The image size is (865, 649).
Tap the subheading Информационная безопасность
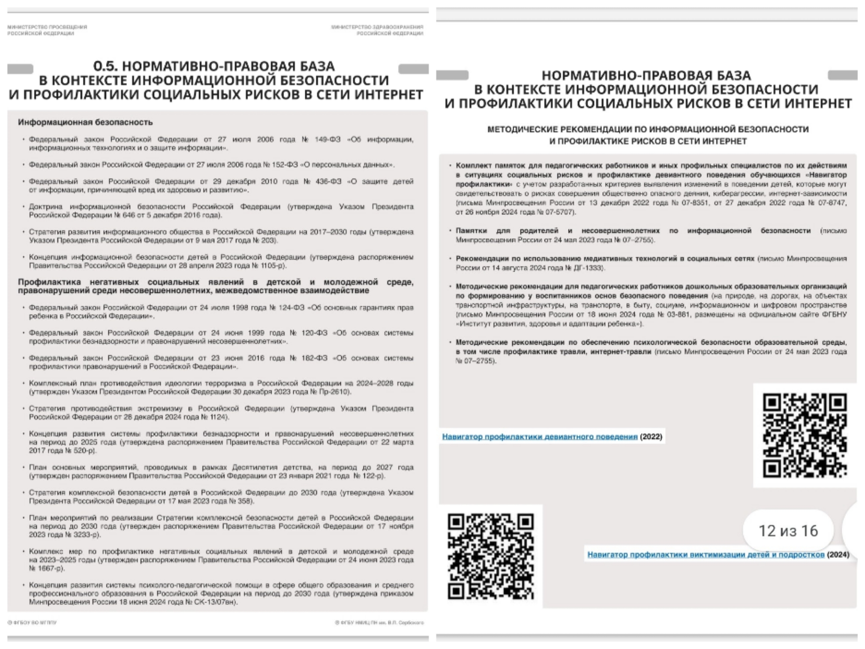tap(85, 122)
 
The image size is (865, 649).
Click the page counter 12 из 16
tap(788, 531)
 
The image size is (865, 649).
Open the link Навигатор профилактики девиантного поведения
tap(539, 437)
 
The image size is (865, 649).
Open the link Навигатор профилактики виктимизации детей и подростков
tap(706, 555)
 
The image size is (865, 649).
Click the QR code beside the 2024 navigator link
tap(491, 556)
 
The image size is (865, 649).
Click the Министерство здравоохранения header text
tap(377, 30)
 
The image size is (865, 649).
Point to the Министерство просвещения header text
tap(47, 30)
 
